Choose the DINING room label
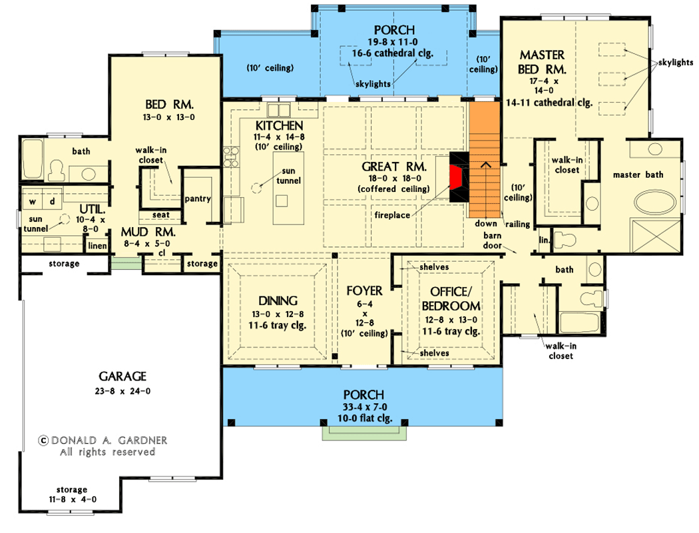tap(278, 300)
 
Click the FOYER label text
tap(364, 291)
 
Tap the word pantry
tap(198, 199)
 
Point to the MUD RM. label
tap(148, 233)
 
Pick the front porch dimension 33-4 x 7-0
tap(363, 406)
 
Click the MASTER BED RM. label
tap(543, 61)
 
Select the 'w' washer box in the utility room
tap(32, 201)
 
